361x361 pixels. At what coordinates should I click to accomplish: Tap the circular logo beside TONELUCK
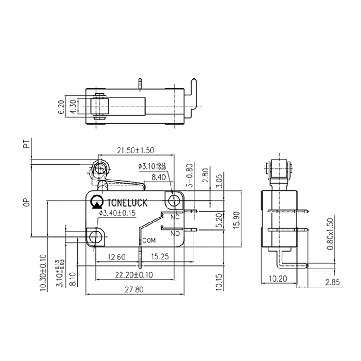97,203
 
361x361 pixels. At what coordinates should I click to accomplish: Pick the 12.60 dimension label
116,258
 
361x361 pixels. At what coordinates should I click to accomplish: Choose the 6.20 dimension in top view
61,106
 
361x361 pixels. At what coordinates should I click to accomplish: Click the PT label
27,145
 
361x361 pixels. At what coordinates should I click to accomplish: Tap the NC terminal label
175,217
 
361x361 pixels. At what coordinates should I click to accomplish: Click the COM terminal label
149,241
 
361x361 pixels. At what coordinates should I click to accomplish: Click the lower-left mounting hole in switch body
95,237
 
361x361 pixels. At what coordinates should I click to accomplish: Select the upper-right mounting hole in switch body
174,199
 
